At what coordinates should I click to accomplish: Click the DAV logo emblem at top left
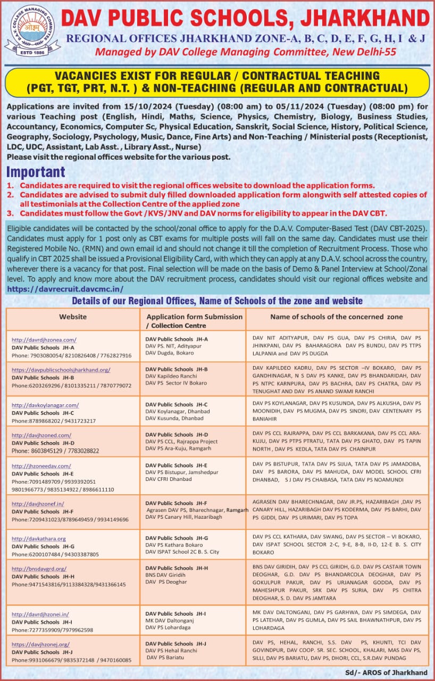tap(31, 29)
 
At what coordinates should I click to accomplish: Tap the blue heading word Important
tap(35, 172)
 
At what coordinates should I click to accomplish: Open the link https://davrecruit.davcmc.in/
tap(65, 288)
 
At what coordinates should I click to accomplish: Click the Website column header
tap(73, 317)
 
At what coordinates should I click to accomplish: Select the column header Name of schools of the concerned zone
tap(337, 317)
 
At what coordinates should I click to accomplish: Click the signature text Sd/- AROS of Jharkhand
tap(386, 672)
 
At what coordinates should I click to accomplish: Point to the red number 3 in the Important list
tap(10, 213)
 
